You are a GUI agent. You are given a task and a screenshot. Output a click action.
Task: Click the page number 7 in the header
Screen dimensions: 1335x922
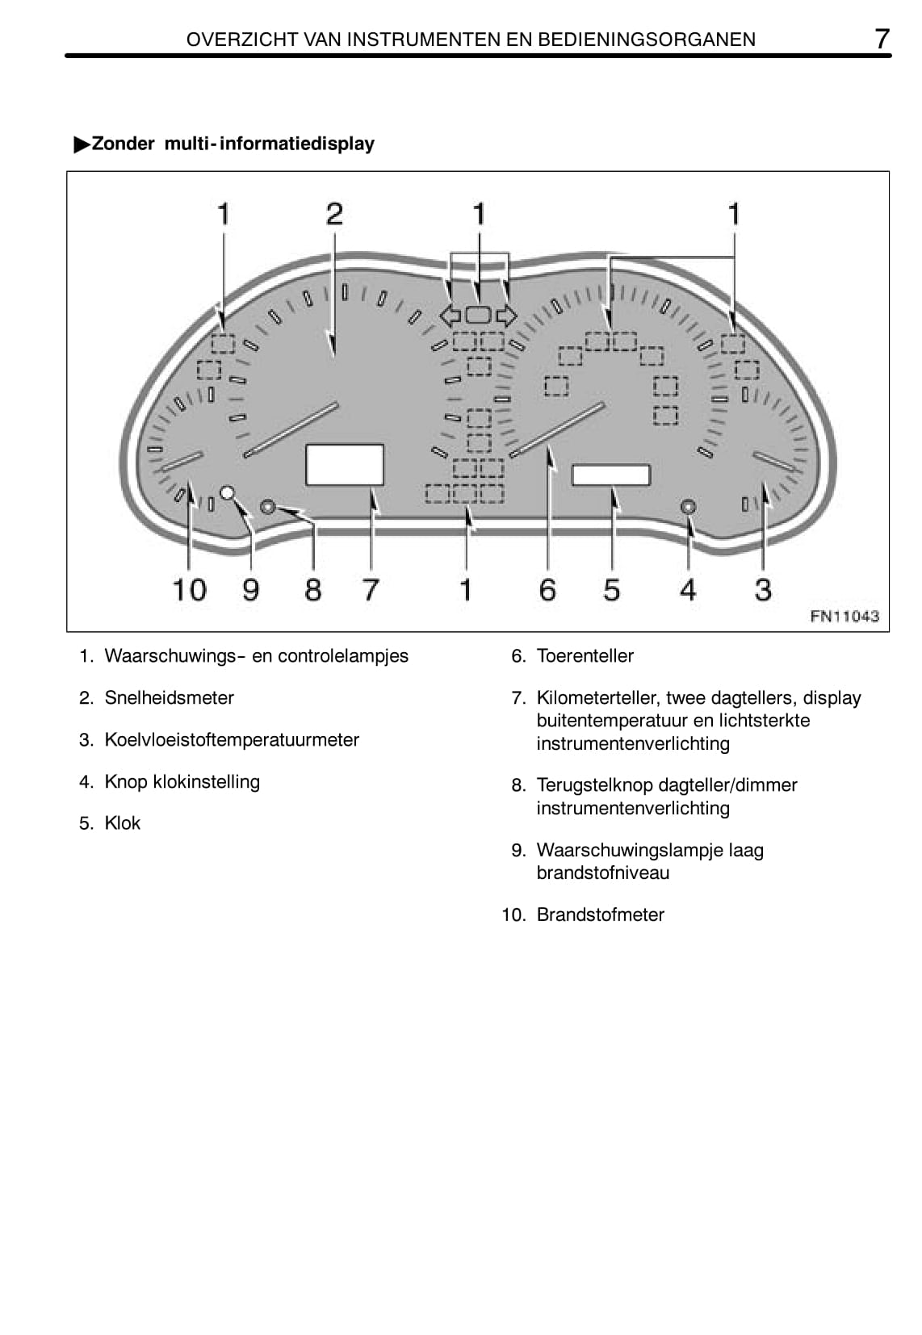tap(882, 39)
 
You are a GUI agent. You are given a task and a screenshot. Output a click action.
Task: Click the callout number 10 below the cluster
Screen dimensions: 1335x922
tap(190, 590)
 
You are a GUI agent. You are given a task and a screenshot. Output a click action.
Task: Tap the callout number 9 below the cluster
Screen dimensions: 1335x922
tap(251, 590)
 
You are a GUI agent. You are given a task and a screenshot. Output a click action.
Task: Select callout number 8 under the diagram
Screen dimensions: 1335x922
tap(313, 590)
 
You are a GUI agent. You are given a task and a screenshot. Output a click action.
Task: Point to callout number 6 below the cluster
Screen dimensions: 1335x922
tap(547, 590)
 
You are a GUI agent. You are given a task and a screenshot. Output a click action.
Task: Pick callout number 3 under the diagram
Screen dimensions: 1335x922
tap(763, 590)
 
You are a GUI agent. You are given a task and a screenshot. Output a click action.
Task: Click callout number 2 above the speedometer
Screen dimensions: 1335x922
tap(334, 214)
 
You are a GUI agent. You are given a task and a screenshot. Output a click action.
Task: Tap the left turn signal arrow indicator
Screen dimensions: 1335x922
tap(450, 316)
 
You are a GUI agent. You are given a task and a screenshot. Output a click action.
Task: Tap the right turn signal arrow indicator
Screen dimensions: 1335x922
tap(506, 316)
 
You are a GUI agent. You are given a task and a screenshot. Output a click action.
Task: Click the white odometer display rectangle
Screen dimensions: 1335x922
tap(345, 465)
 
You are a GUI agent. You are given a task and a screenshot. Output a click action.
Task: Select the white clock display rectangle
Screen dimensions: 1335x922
tap(611, 475)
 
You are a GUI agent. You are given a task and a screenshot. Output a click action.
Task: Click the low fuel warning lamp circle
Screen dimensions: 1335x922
tap(228, 492)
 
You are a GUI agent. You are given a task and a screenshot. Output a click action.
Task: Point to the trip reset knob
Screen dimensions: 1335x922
tap(268, 507)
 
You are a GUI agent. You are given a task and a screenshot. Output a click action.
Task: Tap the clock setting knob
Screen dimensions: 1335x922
tap(688, 507)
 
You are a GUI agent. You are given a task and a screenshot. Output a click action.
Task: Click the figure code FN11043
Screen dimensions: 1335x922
tap(844, 617)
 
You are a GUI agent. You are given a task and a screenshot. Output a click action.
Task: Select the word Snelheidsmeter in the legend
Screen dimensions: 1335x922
tap(170, 698)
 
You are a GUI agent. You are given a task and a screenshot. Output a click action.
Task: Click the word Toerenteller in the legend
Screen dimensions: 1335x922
tap(585, 656)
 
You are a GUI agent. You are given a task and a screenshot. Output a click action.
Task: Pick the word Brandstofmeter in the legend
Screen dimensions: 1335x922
tap(601, 915)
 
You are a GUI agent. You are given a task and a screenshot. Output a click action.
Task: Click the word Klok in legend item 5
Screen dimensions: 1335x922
tap(123, 823)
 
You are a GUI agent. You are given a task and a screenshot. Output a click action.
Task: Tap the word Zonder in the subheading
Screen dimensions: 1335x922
tap(123, 144)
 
